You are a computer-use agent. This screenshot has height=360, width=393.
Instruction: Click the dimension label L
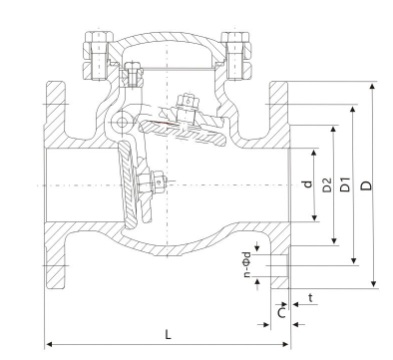coord(169,334)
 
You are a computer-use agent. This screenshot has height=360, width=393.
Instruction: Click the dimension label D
coord(366,185)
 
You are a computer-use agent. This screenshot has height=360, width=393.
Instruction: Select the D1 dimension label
coord(346,184)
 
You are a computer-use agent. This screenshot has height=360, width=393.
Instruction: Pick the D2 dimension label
coord(327,184)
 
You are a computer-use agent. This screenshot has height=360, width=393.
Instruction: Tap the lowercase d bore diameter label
coord(308,183)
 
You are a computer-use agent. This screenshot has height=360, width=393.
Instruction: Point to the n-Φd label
coord(247,264)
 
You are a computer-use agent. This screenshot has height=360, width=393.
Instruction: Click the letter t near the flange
coord(311,298)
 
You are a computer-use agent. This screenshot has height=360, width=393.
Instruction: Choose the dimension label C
coord(281,313)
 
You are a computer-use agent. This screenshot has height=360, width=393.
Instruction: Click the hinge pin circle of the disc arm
coord(122,123)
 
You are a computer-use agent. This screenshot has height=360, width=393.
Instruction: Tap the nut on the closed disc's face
coord(159,181)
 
